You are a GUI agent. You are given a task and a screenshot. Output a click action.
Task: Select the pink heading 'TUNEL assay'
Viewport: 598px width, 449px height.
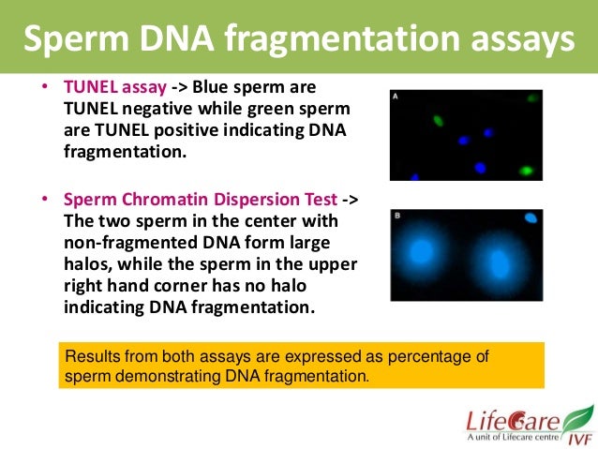[x=115, y=87]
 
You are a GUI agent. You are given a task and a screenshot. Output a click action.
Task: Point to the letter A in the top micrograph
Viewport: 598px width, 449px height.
[x=396, y=97]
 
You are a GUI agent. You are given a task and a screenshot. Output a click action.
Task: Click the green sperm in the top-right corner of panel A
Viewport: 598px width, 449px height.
[x=532, y=97]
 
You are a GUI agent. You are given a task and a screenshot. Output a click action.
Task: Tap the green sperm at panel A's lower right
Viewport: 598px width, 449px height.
[x=527, y=171]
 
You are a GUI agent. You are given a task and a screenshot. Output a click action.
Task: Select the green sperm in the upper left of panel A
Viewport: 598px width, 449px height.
[x=439, y=120]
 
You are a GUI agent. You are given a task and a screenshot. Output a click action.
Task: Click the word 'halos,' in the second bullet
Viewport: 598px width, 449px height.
[x=90, y=264]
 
